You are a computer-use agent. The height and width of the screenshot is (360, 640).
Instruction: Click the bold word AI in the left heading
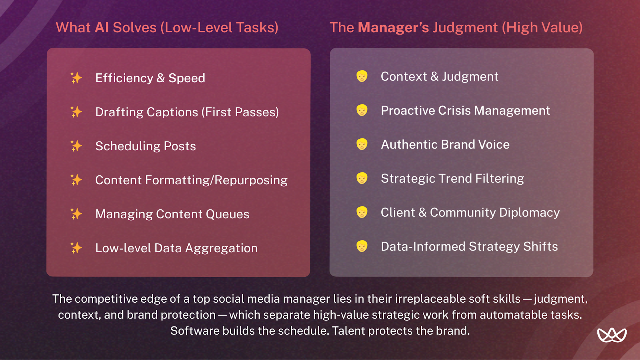pos(102,28)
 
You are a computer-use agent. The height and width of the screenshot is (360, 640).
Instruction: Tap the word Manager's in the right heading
pos(393,28)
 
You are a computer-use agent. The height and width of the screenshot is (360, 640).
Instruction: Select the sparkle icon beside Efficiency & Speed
pos(76,78)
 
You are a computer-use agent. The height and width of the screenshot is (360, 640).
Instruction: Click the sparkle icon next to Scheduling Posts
pos(76,146)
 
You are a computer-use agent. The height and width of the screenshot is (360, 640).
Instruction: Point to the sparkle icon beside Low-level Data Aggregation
pos(76,248)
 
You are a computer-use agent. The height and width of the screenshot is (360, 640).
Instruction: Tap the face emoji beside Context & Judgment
pos(362,76)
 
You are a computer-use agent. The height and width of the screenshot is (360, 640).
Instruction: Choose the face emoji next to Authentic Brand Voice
pos(362,144)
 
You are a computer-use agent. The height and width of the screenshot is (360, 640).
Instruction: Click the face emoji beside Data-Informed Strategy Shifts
pos(362,246)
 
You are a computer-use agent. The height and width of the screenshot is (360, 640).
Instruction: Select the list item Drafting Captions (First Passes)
pos(187,112)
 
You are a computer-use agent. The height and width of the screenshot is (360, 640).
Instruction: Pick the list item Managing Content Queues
pos(172,214)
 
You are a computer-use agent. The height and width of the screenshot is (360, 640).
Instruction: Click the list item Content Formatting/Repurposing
pos(191,180)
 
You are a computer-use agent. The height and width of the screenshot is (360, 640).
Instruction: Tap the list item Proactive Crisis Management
pos(465,110)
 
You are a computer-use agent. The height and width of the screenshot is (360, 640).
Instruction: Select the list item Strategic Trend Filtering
pos(452,178)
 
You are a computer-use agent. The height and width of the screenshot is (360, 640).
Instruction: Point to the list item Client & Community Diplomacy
pos(470,212)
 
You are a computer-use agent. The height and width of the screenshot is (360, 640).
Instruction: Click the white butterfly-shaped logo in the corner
pos(612,335)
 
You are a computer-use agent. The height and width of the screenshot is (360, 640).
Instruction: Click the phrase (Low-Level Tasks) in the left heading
pos(219,28)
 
